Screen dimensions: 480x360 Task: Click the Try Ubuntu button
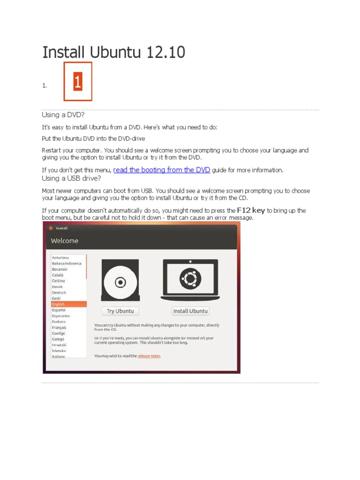(120, 311)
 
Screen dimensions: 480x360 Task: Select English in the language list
(59, 304)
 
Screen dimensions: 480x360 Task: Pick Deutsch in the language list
(59, 292)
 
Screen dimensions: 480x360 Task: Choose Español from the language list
(59, 310)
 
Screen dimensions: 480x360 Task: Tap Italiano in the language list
(59, 356)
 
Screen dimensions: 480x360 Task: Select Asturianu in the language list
(60, 257)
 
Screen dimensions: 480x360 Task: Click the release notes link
(149, 356)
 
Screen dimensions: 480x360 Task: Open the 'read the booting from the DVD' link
(162, 170)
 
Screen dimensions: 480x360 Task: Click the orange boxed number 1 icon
(78, 82)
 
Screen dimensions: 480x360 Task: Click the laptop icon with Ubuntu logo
(190, 280)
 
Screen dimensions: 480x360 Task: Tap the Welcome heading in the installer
(65, 241)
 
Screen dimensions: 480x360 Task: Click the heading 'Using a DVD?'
(63, 115)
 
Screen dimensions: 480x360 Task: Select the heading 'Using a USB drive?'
(71, 179)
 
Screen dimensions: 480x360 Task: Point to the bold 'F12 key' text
(251, 210)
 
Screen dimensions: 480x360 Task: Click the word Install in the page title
(62, 52)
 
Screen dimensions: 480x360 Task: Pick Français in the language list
(59, 327)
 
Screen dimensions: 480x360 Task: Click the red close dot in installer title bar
(51, 228)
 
